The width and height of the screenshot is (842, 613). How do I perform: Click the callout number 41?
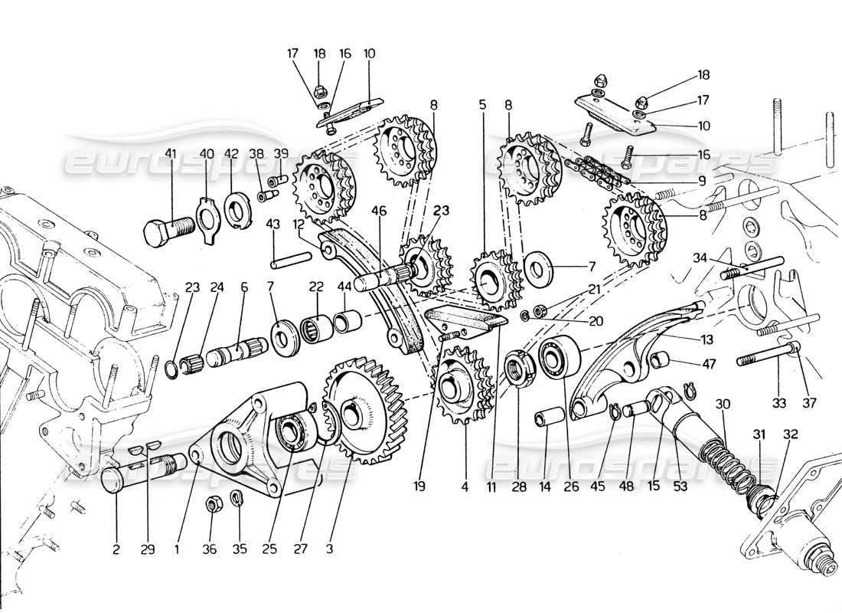tap(170, 153)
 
